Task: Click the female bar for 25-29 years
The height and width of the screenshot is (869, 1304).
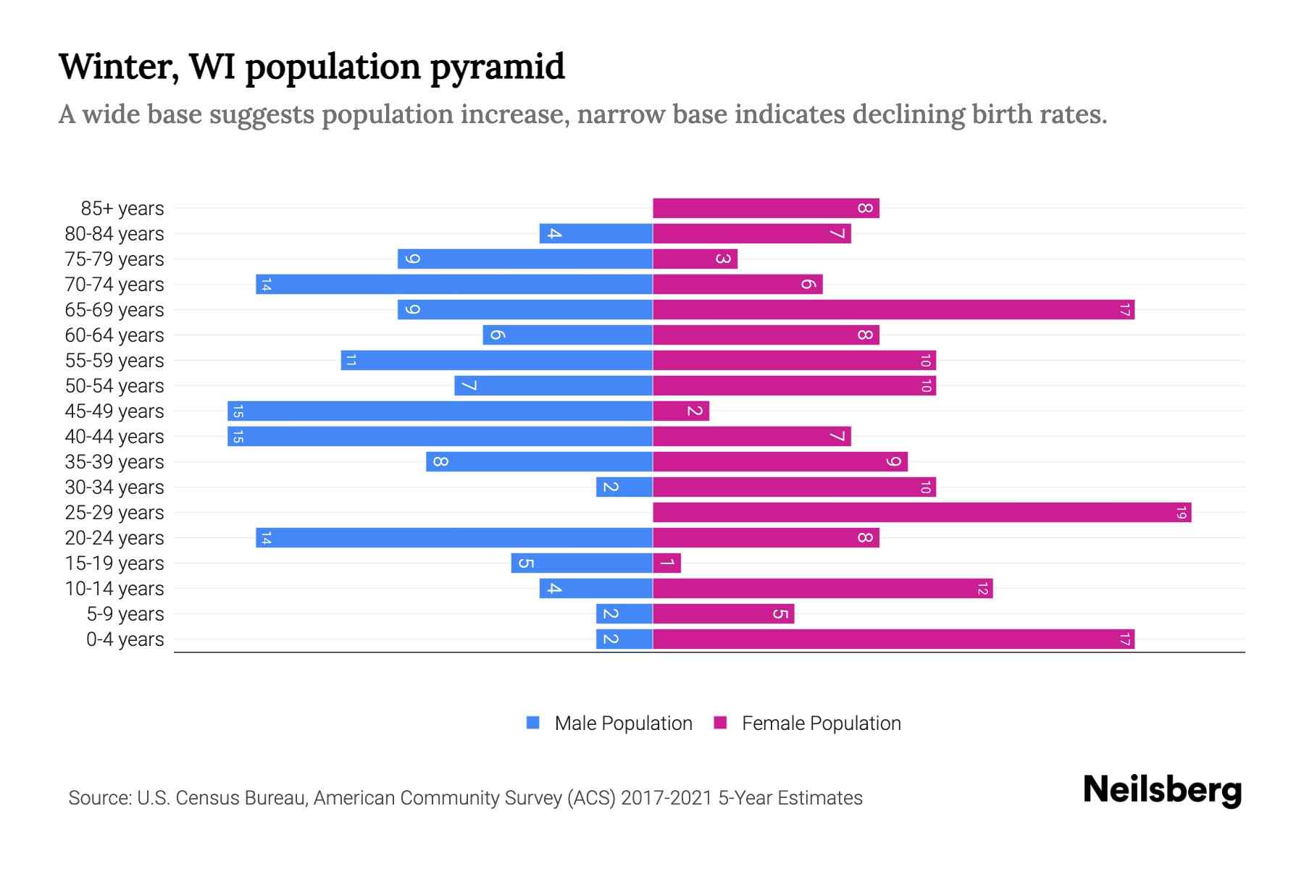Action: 921,513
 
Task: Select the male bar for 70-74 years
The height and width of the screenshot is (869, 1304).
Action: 454,285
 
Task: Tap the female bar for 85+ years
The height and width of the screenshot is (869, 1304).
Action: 766,209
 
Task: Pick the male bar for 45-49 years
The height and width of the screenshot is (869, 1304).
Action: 440,411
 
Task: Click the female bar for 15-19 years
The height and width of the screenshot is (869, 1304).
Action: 666,563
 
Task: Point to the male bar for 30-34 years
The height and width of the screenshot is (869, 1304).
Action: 624,487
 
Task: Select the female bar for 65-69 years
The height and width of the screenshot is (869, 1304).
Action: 893,310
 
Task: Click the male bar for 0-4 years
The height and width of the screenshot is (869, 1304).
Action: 624,639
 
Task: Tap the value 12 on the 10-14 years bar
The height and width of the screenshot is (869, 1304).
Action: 982,589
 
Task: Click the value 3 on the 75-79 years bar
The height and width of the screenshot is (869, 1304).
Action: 722,259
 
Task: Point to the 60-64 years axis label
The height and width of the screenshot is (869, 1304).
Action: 114,335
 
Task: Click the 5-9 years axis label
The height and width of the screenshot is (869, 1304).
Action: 125,614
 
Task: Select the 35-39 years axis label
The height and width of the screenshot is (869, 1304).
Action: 114,462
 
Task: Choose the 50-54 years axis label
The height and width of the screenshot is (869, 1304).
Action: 114,386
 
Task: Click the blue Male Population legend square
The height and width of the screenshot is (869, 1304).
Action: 533,723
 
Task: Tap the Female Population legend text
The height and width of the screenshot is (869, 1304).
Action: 821,723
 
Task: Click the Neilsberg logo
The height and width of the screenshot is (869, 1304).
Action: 1162,789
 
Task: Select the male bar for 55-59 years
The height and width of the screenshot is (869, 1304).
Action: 496,361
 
